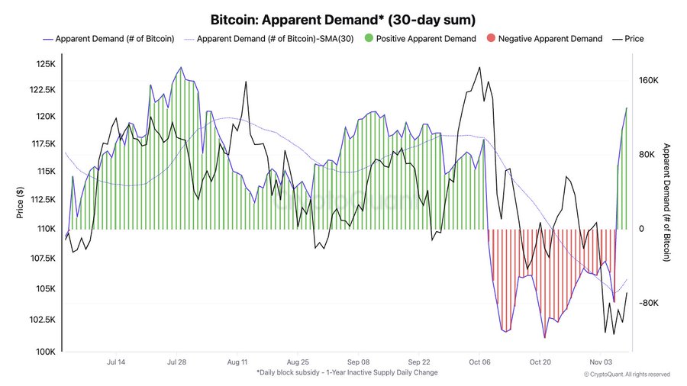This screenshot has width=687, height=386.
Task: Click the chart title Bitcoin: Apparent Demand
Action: point(343,18)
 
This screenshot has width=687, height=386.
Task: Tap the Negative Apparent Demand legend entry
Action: point(550,38)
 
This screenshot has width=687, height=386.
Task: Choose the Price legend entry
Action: point(634,38)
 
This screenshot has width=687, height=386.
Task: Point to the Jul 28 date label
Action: point(176,362)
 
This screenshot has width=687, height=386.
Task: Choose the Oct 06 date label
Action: point(479,362)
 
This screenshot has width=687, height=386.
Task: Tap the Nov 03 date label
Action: point(601,362)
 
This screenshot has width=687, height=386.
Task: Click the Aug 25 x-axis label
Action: point(298,362)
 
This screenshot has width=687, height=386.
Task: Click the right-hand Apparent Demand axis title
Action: point(666,202)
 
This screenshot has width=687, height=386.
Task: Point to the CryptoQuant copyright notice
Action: point(627,375)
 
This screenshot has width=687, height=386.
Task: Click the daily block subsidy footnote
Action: point(347,372)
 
